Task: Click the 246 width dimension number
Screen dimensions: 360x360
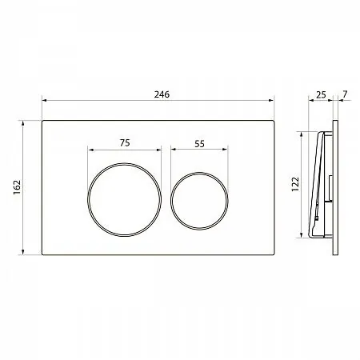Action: click(162, 94)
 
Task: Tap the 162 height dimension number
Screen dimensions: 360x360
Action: click(17, 187)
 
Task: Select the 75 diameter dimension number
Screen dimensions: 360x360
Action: click(125, 143)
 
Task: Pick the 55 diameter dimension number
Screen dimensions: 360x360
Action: click(199, 144)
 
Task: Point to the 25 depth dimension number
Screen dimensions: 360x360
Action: click(321, 94)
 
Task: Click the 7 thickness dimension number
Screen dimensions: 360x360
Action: click(345, 94)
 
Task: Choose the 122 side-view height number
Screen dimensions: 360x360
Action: click(295, 184)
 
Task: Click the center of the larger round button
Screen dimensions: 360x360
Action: click(125, 199)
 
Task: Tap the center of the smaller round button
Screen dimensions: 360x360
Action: click(199, 201)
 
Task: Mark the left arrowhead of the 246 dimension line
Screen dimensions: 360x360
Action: click(44, 100)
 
